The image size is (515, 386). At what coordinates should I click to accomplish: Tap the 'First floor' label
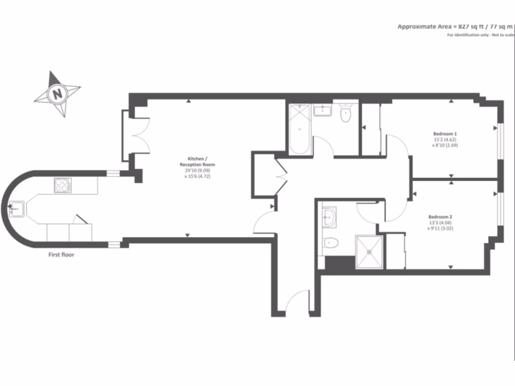(61, 255)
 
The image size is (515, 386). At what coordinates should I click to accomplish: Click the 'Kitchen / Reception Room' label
(198, 161)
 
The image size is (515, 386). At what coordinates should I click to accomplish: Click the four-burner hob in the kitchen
(63, 185)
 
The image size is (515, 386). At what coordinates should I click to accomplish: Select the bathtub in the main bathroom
(300, 129)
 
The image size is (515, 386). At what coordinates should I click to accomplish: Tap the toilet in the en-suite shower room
(330, 243)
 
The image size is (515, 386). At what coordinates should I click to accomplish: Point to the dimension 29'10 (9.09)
(197, 171)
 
